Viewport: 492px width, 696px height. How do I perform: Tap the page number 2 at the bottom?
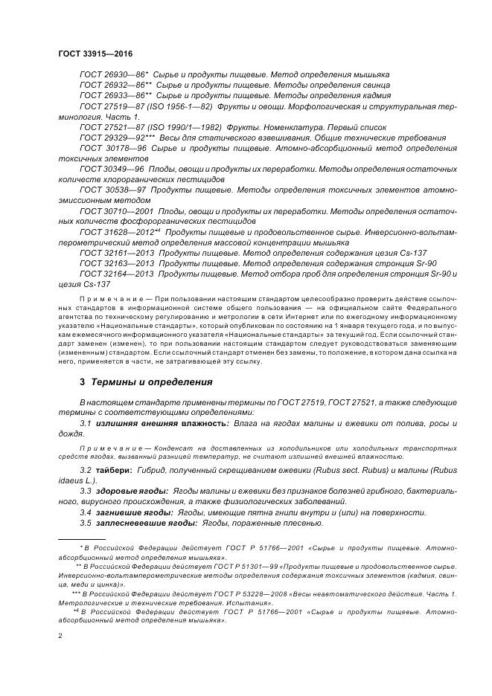(x=60, y=637)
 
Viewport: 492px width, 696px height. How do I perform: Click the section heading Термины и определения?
(x=151, y=382)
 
